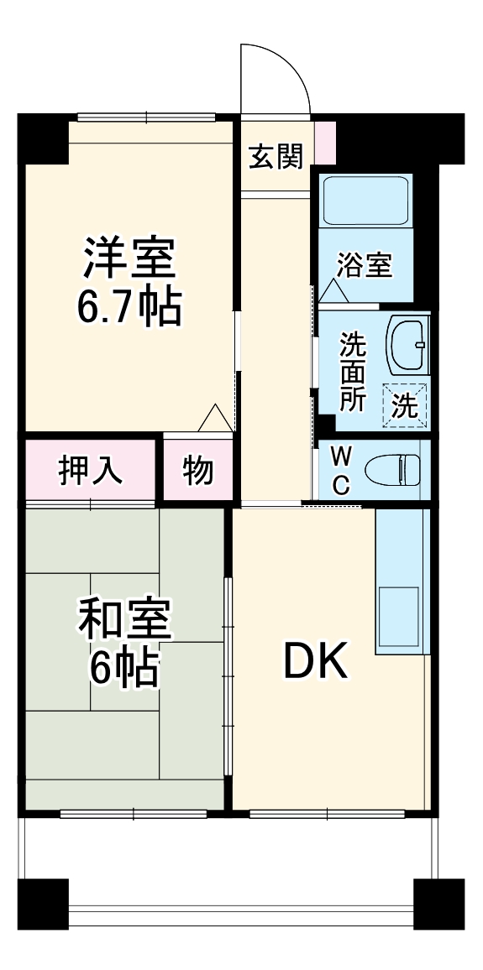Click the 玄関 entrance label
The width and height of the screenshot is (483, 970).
tap(276, 156)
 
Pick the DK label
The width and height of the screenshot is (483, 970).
tap(314, 663)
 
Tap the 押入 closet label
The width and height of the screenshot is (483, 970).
tap(91, 471)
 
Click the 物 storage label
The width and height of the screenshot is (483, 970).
tap(198, 472)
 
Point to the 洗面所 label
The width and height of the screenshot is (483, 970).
tap(353, 372)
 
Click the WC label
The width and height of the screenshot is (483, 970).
tap(341, 471)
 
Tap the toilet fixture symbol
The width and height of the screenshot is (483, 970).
tap(396, 469)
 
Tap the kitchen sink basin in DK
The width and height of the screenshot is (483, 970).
tap(397, 616)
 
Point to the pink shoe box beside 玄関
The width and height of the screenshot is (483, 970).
tap(325, 143)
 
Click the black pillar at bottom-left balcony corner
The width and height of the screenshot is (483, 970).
tap(43, 905)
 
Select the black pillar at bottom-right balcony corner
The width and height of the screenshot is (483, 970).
tap(439, 905)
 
